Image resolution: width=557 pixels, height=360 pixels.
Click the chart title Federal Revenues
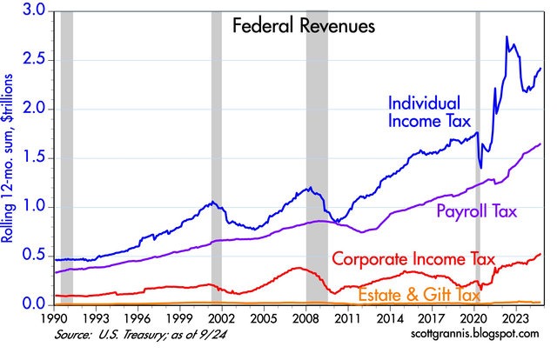pyautogui.click(x=304, y=26)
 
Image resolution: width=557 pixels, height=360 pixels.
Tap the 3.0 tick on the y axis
pyautogui.click(x=35, y=10)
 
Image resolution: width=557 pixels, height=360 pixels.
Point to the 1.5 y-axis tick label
pyautogui.click(x=35, y=158)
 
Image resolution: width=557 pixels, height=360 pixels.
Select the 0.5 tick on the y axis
pyautogui.click(x=35, y=256)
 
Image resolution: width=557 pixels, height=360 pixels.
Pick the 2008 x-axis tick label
pyautogui.click(x=305, y=317)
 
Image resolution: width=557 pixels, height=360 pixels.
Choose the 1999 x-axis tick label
pyautogui.click(x=180, y=317)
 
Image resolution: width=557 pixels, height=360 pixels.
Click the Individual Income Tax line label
pyautogui.click(x=429, y=112)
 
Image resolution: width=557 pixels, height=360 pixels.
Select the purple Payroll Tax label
pyautogui.click(x=476, y=211)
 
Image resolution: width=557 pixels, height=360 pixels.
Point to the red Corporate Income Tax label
pyautogui.click(x=413, y=259)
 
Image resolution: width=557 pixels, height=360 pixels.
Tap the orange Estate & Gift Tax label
pyautogui.click(x=419, y=295)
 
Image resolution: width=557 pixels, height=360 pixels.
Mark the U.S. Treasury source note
pyautogui.click(x=140, y=335)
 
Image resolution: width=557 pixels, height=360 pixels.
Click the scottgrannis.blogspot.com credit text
pyautogui.click(x=475, y=333)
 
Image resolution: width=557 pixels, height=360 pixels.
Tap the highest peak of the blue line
pyautogui.click(x=507, y=37)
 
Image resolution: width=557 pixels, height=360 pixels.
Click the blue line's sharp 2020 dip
pyautogui.click(x=481, y=168)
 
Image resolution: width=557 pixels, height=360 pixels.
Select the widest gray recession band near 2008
pyautogui.click(x=317, y=157)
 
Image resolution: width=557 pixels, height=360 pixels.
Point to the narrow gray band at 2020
pyautogui.click(x=478, y=157)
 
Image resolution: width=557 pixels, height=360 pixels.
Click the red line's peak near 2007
pyautogui.click(x=298, y=268)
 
